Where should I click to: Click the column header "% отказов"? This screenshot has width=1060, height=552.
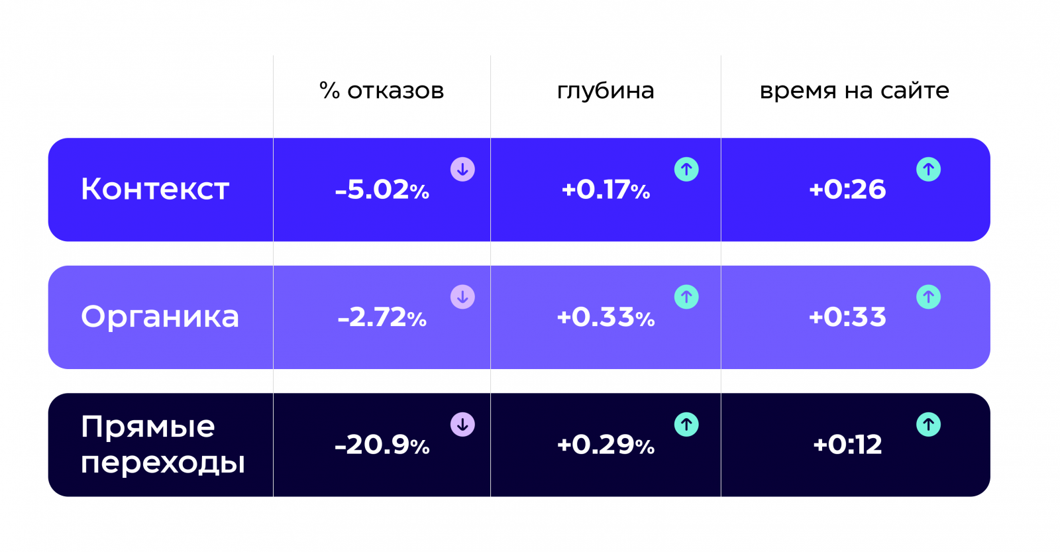pyautogui.click(x=382, y=91)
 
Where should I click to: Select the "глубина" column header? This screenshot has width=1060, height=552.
pyautogui.click(x=606, y=91)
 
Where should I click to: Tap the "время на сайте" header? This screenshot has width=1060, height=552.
pyautogui.click(x=854, y=91)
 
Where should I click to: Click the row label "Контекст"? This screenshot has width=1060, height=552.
pyautogui.click(x=155, y=190)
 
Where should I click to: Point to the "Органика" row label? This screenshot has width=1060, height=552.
pyautogui.click(x=160, y=317)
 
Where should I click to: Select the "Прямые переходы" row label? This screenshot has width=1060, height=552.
pyautogui.click(x=162, y=444)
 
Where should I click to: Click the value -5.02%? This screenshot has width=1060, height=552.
pyautogui.click(x=382, y=190)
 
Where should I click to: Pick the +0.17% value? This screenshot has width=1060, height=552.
pyautogui.click(x=606, y=190)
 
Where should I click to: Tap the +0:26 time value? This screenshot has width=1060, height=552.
pyautogui.click(x=847, y=190)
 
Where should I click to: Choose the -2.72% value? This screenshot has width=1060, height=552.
pyautogui.click(x=382, y=317)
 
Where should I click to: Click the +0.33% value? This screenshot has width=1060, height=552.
pyautogui.click(x=606, y=317)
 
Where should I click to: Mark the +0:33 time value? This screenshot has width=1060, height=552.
pyautogui.click(x=847, y=317)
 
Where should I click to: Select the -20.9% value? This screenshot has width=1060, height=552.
pyautogui.click(x=382, y=445)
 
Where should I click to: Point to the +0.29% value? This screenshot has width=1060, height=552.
pyautogui.click(x=606, y=445)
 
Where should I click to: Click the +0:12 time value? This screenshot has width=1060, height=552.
pyautogui.click(x=847, y=445)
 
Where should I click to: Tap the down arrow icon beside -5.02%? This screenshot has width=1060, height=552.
pyautogui.click(x=462, y=170)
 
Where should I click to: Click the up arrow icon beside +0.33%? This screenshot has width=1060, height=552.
pyautogui.click(x=686, y=297)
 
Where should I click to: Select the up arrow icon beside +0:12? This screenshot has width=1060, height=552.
pyautogui.click(x=928, y=424)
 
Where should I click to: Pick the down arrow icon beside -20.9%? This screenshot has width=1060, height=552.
pyautogui.click(x=462, y=424)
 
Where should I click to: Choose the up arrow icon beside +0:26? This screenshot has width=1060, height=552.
pyautogui.click(x=928, y=170)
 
